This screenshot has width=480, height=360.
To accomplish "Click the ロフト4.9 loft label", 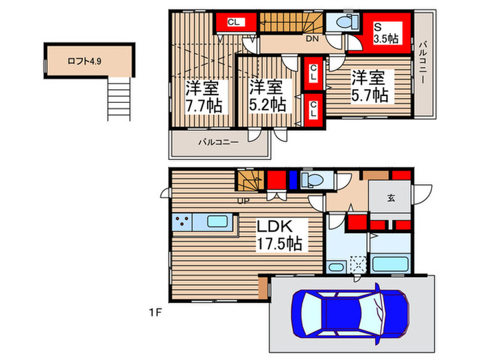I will click(84, 61).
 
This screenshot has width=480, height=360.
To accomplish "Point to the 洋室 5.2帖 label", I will click(267, 97).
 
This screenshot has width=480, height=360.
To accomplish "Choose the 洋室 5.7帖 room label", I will click(370, 86).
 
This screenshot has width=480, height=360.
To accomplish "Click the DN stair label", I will click(312, 39).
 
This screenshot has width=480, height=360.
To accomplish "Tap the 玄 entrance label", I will click(390, 198).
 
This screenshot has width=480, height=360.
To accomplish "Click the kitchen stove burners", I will click(183, 222).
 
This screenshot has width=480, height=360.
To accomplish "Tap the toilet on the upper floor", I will click(340, 23).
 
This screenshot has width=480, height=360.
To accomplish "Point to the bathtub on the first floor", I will click(390, 263).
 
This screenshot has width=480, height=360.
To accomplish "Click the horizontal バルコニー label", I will click(218, 143).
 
